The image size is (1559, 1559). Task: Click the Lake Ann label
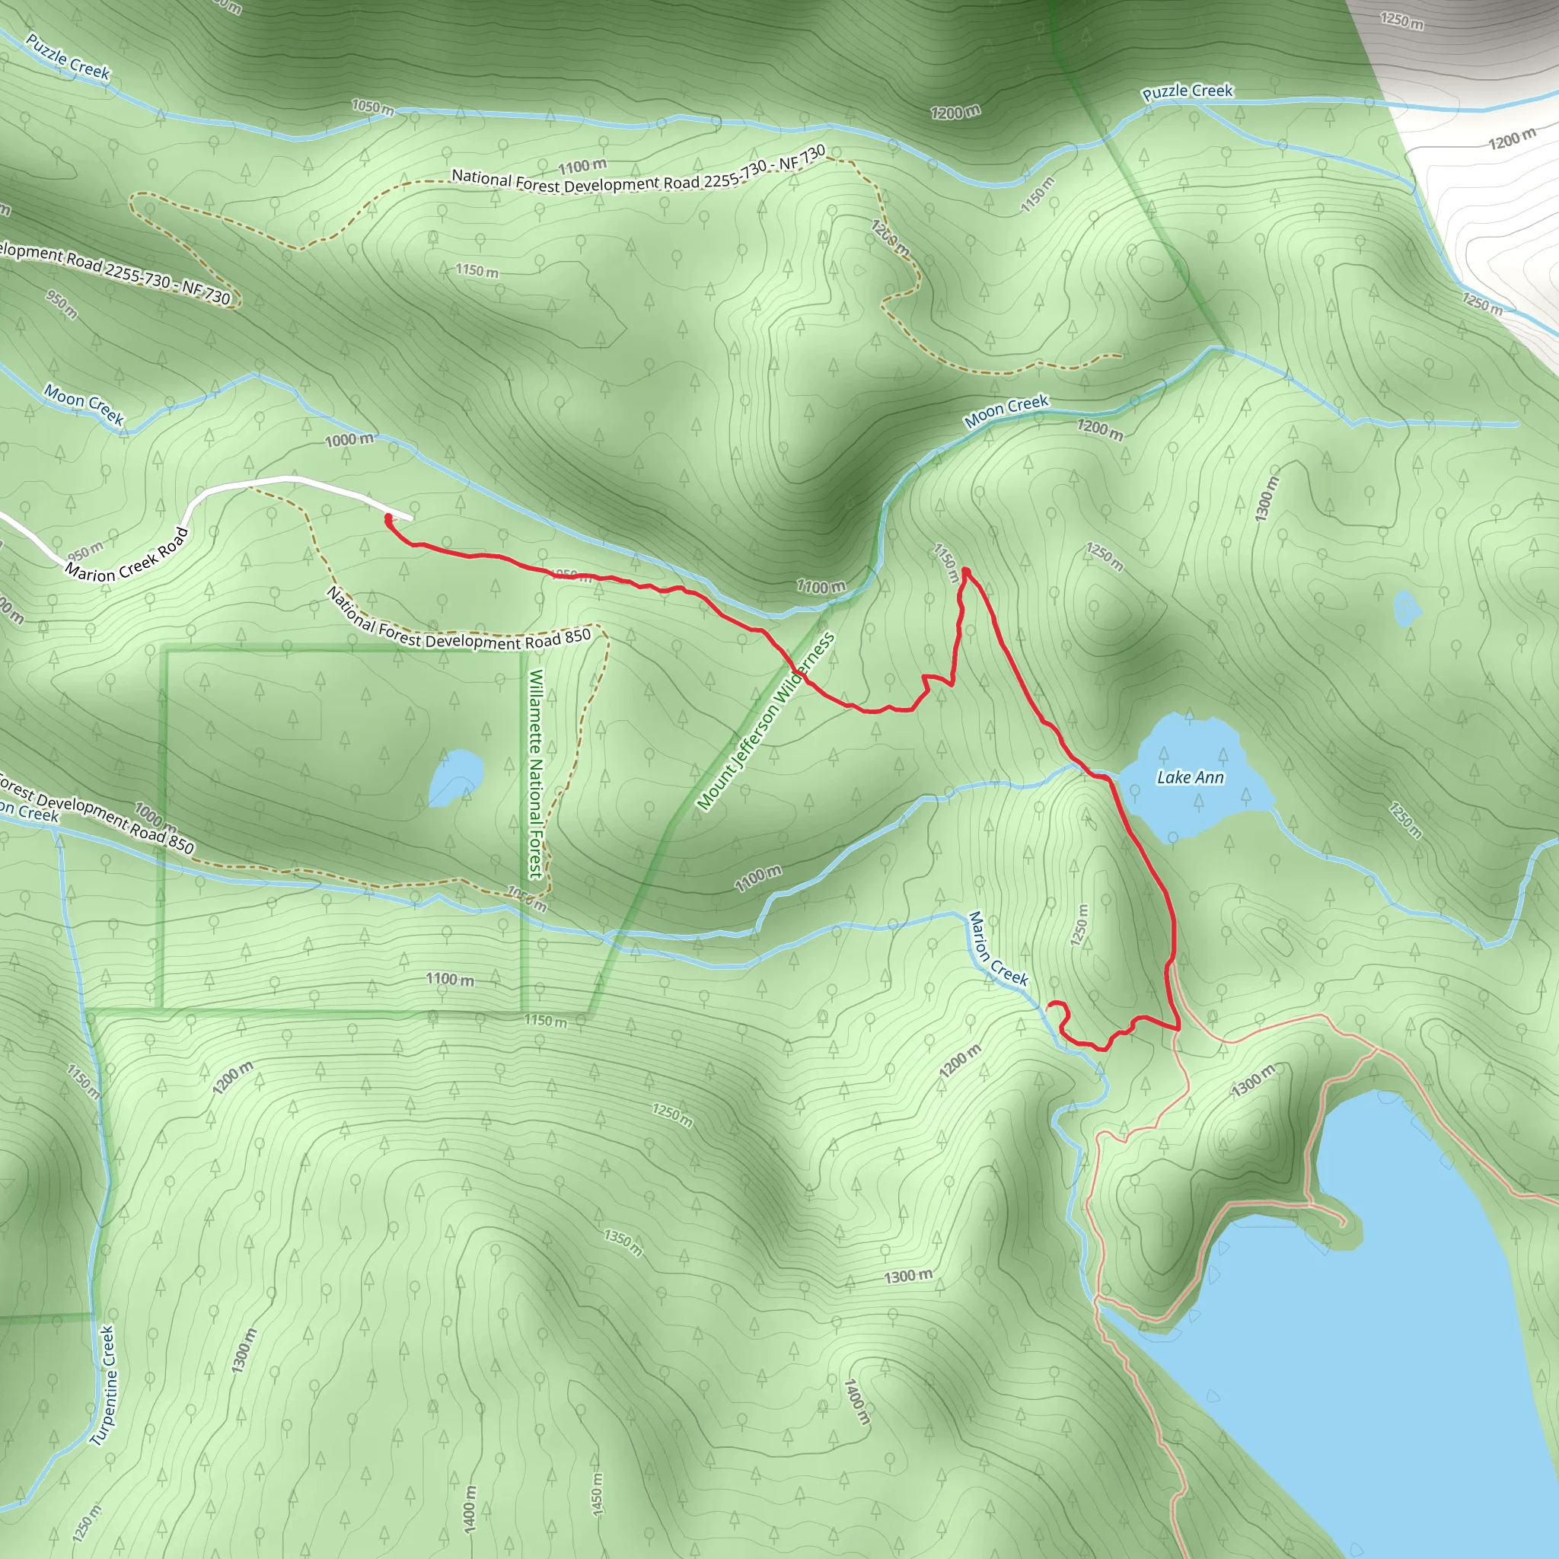point(1190,777)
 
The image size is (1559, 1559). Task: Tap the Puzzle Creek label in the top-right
point(1187,91)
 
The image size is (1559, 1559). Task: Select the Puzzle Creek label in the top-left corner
point(68,56)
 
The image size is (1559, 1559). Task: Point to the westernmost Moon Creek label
point(84,404)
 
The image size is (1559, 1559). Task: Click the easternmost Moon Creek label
point(1006,412)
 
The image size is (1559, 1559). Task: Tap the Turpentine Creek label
point(104,1385)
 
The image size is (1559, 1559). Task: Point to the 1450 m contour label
point(597,1494)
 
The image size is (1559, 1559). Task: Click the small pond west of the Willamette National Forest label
point(455,776)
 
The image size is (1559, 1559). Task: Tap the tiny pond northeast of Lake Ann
point(1407,607)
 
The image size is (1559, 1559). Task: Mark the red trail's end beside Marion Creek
point(1049,1006)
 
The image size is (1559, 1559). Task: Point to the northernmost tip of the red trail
point(966,572)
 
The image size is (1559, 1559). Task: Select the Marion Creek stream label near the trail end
point(997,949)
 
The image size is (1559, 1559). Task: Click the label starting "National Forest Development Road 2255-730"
point(638,171)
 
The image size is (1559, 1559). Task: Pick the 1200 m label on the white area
point(1511,139)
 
